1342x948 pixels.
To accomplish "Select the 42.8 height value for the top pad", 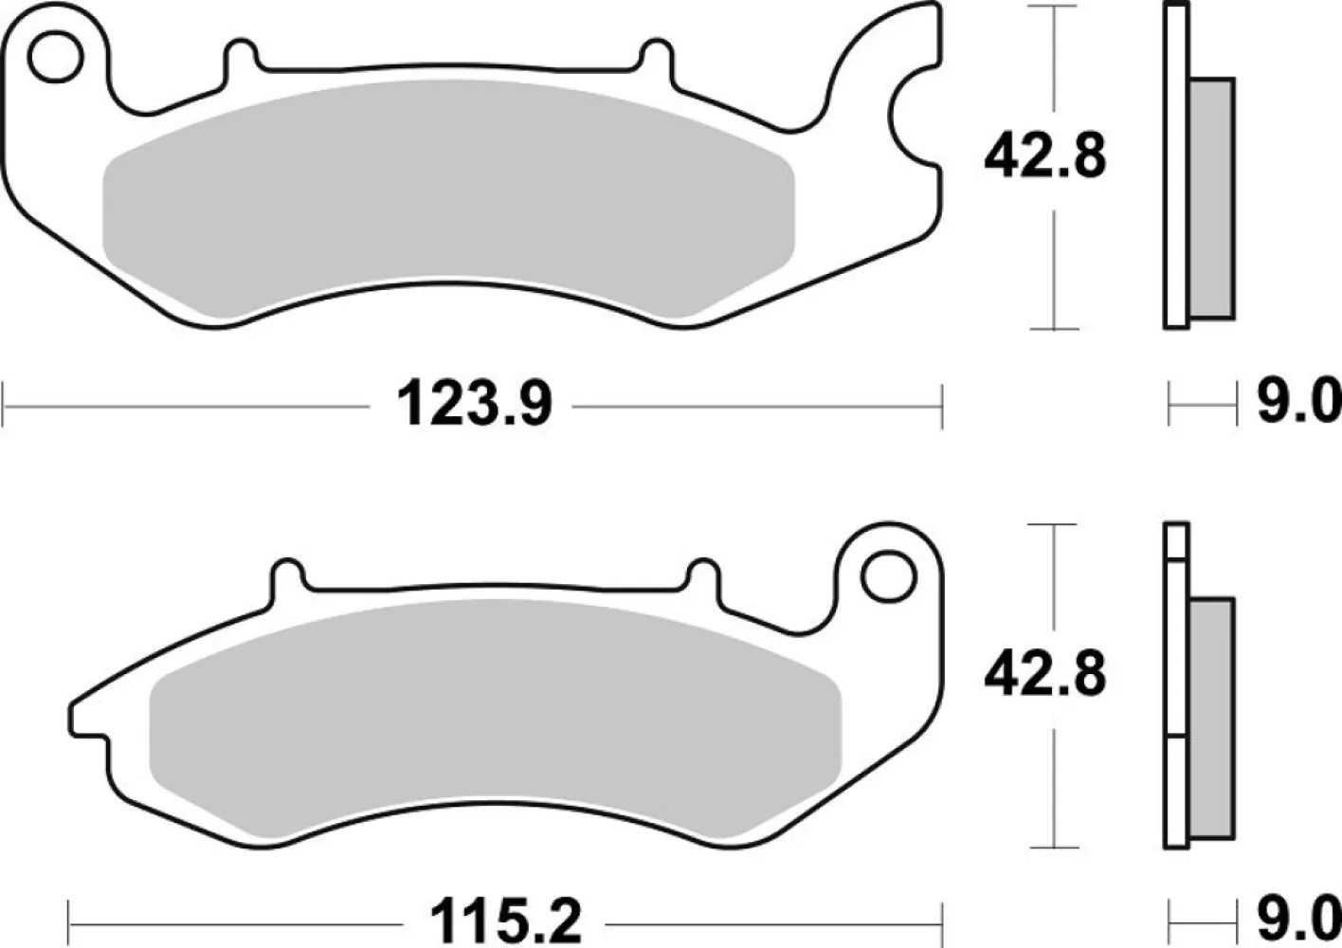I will (1044, 155).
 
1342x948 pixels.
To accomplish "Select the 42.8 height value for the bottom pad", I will (1044, 674).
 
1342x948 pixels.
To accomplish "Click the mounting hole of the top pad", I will (54, 57).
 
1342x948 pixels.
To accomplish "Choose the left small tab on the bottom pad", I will (289, 575).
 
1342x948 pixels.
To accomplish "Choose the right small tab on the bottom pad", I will (702, 575).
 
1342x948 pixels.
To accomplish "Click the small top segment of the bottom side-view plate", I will (1176, 541).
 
